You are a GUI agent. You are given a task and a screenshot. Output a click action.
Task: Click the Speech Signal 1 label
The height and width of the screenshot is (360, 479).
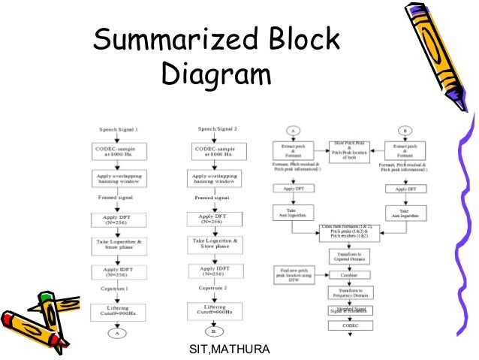pyautogui.click(x=116, y=129)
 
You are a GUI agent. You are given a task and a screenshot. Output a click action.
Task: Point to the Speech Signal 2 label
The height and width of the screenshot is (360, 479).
pyautogui.click(x=212, y=129)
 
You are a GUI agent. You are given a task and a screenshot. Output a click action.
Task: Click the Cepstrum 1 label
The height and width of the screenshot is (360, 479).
pyautogui.click(x=115, y=288)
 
